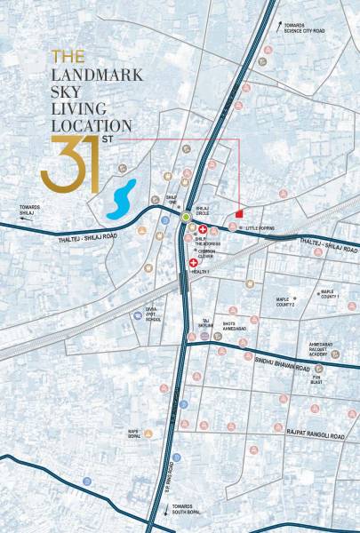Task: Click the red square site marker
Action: pos(239,213)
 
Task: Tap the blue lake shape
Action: pos(121,200)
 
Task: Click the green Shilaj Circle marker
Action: pos(185,217)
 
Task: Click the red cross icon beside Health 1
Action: pos(194,265)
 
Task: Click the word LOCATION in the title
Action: pos(92,126)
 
